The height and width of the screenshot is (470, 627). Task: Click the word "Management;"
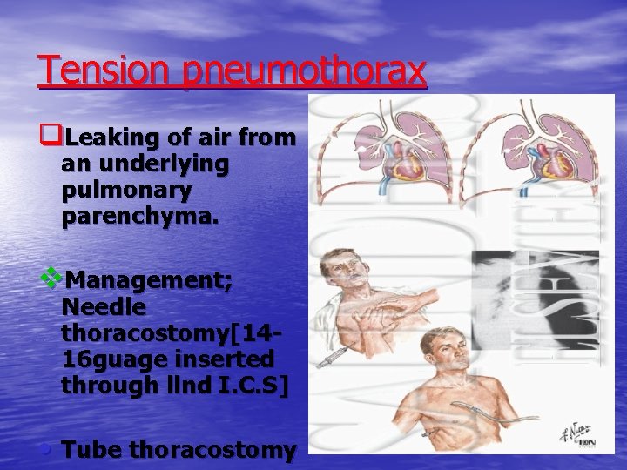pyautogui.click(x=149, y=281)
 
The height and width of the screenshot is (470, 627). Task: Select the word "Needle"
pyautogui.click(x=104, y=307)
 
